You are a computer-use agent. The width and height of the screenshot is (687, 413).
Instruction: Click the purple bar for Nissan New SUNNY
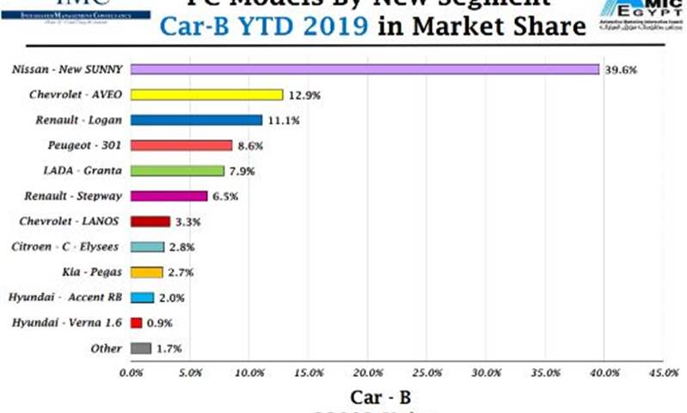coord(365,70)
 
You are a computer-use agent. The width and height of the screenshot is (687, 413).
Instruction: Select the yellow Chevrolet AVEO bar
coord(206,96)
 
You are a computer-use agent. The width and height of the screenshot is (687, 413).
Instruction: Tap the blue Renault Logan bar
coord(196,120)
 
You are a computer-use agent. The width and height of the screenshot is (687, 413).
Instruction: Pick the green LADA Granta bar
coord(177,170)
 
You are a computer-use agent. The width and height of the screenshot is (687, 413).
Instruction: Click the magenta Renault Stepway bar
coord(169,196)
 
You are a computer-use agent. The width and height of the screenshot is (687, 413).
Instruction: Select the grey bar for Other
coord(141,348)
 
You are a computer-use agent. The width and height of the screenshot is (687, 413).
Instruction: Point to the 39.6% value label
coord(619,71)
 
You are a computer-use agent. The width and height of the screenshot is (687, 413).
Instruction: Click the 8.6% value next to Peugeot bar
coord(249,146)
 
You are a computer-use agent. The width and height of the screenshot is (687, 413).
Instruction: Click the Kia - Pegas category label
coord(90,272)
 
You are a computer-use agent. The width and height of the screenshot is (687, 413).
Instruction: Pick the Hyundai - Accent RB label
coord(65,298)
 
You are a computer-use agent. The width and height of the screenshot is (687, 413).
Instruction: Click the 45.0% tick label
coord(663,373)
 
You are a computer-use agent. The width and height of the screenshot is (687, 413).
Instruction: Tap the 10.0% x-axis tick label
coord(248,373)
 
